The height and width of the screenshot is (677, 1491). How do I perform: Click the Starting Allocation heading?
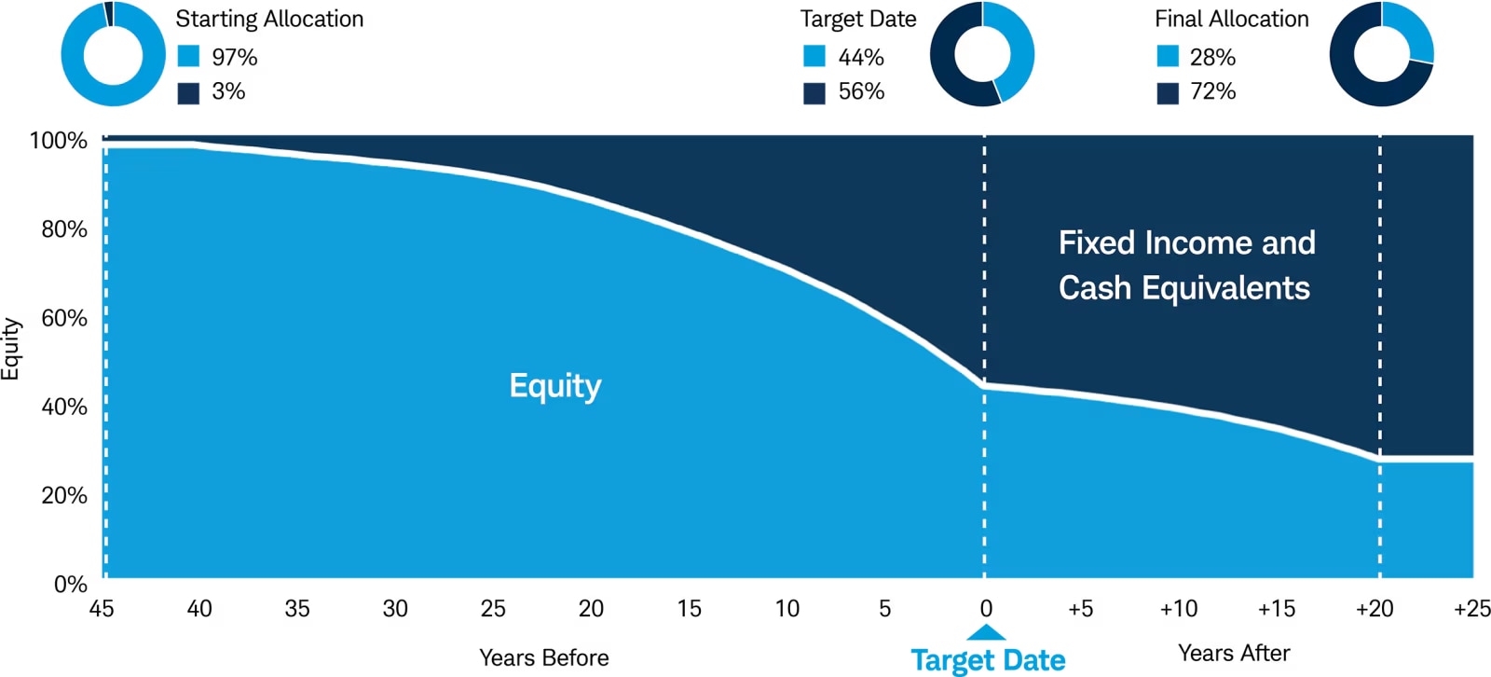tap(269, 19)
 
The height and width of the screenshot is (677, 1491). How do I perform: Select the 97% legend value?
tap(234, 57)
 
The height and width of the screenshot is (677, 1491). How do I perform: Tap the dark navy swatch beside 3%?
tap(188, 92)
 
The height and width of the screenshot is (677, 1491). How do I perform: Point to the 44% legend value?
tap(860, 57)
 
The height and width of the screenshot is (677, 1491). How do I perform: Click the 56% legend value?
tap(860, 91)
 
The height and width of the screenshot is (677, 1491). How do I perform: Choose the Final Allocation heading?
tap(1231, 19)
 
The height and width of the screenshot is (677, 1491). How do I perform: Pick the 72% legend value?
tap(1212, 91)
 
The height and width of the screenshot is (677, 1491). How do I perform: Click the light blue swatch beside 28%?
tap(1168, 57)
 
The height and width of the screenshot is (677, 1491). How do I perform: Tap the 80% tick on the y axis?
tap(63, 229)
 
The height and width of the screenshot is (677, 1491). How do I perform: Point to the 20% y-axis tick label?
tap(63, 495)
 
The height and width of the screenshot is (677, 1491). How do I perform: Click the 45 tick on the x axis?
tap(102, 609)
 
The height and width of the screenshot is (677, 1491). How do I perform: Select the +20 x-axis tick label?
tap(1375, 609)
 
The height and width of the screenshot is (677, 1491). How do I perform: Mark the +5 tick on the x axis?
tap(1080, 609)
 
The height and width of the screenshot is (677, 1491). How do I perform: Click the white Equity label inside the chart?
tap(555, 385)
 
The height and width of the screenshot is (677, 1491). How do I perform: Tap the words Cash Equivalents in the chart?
tap(1183, 288)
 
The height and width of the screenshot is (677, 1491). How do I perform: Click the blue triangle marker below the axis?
tap(986, 633)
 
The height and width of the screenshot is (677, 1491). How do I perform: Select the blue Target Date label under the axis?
tap(988, 660)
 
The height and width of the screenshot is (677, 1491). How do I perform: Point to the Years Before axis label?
tap(544, 657)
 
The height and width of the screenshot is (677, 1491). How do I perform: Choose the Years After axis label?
tap(1234, 653)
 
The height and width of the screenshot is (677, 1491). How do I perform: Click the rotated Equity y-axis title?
tap(11, 349)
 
